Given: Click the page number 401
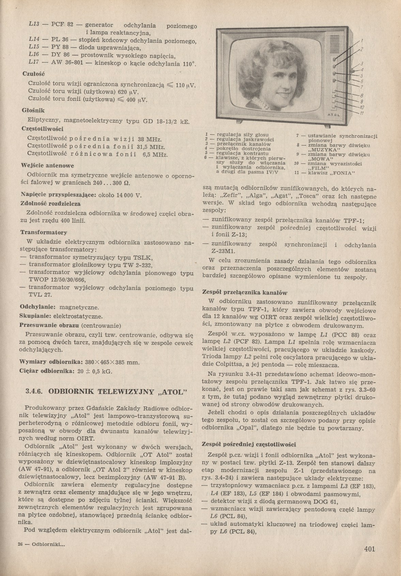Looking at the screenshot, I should (x=369, y=549).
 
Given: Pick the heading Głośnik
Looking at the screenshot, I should (x=33, y=111).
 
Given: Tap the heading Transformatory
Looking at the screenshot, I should (x=44, y=232).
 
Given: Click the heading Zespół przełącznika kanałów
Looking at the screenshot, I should (x=245, y=292).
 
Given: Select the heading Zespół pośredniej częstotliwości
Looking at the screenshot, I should (x=249, y=444).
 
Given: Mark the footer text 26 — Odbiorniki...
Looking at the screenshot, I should (x=41, y=545).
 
